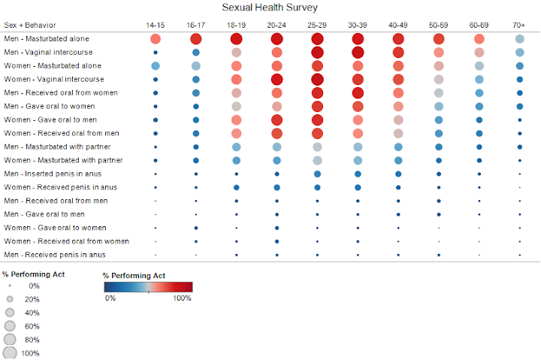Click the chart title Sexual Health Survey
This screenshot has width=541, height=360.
tap(270, 8)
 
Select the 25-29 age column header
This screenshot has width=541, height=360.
tap(317, 26)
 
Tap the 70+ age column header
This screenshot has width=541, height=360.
tap(519, 26)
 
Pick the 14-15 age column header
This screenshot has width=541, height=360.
tap(156, 26)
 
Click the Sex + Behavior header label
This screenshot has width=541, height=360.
tap(29, 26)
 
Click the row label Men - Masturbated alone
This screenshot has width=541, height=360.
tap(47, 38)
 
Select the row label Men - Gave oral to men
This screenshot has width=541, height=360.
tap(45, 214)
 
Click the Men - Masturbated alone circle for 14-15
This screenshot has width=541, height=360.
tap(156, 38)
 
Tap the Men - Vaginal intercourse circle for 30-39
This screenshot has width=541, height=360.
tap(358, 52)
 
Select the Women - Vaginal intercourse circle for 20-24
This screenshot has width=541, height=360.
tap(277, 79)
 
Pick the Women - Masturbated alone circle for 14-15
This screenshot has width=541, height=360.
tap(156, 65)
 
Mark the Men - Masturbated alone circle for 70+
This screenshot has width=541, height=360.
tap(519, 38)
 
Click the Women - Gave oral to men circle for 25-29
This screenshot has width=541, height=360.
tap(317, 119)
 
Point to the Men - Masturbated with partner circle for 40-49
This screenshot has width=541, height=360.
tap(398, 147)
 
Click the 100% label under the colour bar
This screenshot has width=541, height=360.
tap(182, 298)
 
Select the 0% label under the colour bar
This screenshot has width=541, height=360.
tap(110, 298)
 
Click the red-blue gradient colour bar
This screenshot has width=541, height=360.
tap(147, 286)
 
